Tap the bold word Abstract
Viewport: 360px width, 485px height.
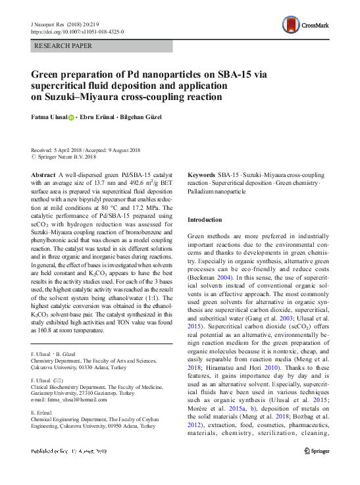tap(43, 175)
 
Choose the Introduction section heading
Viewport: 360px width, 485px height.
tap(205, 220)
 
